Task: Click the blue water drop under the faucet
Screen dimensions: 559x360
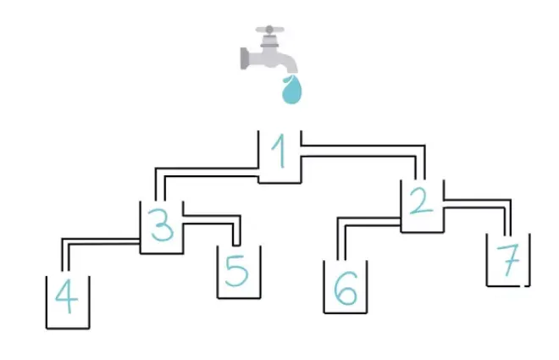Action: (291, 90)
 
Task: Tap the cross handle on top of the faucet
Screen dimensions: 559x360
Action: (270, 30)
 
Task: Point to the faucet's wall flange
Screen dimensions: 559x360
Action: (244, 58)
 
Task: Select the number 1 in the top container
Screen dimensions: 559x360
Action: (279, 151)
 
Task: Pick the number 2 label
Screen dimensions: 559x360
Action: (422, 201)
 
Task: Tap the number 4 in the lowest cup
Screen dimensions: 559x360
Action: (67, 296)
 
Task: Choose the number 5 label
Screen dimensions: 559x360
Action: (236, 271)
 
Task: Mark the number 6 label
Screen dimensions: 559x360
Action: (346, 288)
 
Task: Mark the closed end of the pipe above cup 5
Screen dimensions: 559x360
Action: (236, 246)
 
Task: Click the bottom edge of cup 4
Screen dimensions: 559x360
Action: (68, 328)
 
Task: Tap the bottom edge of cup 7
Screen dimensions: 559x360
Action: (508, 285)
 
